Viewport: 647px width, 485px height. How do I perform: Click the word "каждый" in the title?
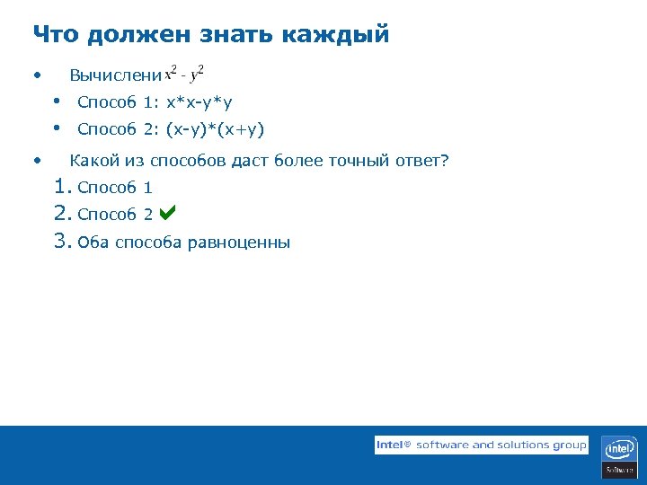click(336, 35)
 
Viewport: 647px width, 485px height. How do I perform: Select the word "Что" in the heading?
click(56, 35)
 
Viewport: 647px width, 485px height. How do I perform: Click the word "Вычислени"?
click(116, 75)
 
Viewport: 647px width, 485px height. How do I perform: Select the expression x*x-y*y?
click(199, 102)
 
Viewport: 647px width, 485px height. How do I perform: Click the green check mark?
click(167, 214)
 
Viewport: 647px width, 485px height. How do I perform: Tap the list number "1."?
click(62, 187)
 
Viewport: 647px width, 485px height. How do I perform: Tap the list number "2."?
click(62, 214)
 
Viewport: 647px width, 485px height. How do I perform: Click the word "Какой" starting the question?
click(91, 162)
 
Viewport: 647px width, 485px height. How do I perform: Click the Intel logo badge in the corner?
click(620, 456)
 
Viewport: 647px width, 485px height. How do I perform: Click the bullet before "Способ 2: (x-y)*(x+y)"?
click(57, 128)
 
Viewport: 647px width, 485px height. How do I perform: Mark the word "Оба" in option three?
click(93, 242)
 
